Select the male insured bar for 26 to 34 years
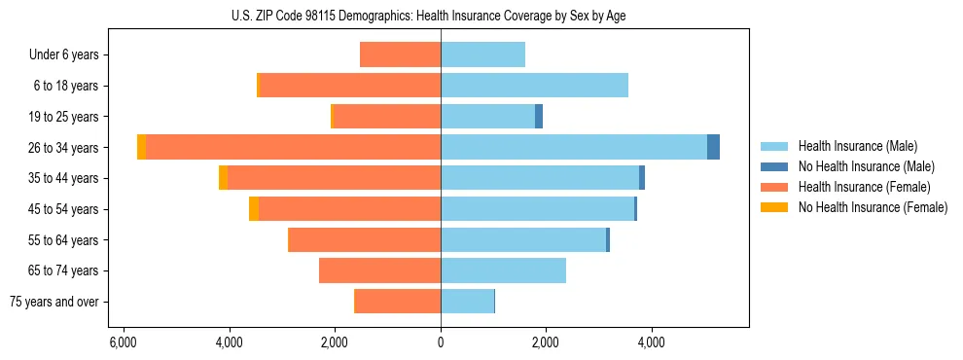coord(574,147)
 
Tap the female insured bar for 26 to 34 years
coord(293,147)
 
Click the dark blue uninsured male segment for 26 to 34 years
coord(713,147)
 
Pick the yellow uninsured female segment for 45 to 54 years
coord(254,209)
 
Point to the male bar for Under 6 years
coord(482,54)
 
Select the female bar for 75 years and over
coord(398,302)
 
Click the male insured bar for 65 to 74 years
coord(503,270)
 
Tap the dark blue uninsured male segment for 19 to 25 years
coord(539,117)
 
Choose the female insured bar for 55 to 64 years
coord(365,239)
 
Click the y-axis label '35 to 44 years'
coord(64,178)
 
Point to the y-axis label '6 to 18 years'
coord(66,86)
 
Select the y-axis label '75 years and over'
coord(54,302)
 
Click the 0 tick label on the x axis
coord(441,342)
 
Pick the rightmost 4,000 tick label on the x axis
coord(651,342)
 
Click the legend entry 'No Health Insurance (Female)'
coord(873,207)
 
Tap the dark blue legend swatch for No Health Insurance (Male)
coord(774,166)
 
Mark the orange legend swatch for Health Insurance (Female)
coord(774,187)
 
